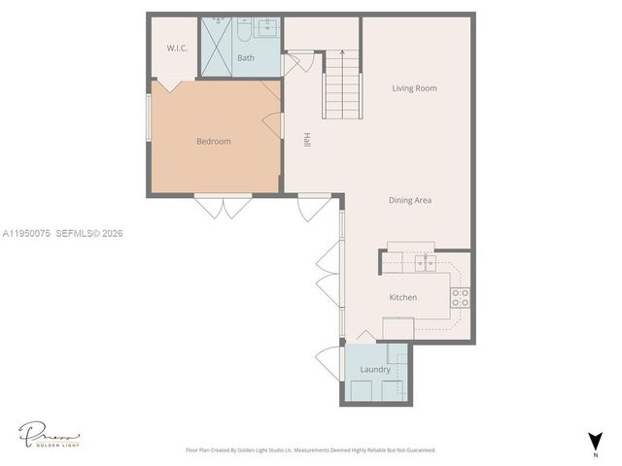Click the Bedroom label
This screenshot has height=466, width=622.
point(214,142)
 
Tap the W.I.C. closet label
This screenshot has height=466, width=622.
point(177,48)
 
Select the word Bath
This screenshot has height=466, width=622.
point(246,58)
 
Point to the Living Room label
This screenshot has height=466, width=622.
point(414,88)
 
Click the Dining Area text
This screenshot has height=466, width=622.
point(410,201)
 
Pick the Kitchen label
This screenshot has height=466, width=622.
point(403,297)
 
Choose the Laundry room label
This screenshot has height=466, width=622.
point(375,370)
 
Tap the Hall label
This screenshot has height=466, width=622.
point(306,139)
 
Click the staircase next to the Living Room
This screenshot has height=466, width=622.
point(342,83)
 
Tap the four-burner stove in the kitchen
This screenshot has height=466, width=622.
point(461,298)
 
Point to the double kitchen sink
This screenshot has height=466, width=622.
point(424,262)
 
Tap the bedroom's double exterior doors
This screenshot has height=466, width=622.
point(223,206)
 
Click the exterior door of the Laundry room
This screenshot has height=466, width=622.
point(332,362)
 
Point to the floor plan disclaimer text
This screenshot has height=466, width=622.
point(311,450)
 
